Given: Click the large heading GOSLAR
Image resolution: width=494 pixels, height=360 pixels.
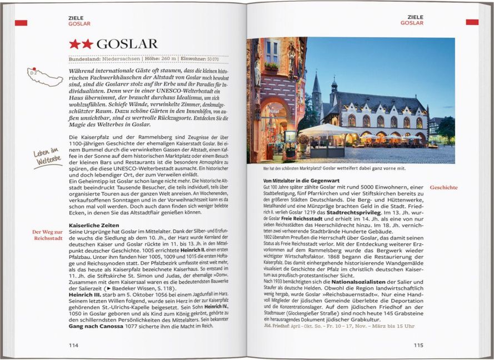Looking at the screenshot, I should (127, 44).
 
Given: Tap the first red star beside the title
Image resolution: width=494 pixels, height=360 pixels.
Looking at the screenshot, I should (74, 44).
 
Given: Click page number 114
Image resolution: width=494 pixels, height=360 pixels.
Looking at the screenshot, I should (73, 345).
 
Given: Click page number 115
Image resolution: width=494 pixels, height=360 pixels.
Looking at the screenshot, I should (418, 345).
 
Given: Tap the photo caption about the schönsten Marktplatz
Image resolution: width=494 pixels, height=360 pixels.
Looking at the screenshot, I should (335, 168).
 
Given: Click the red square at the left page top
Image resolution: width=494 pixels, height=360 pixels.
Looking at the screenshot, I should (21, 22).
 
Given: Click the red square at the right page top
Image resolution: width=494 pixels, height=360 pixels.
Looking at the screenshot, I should (472, 22).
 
